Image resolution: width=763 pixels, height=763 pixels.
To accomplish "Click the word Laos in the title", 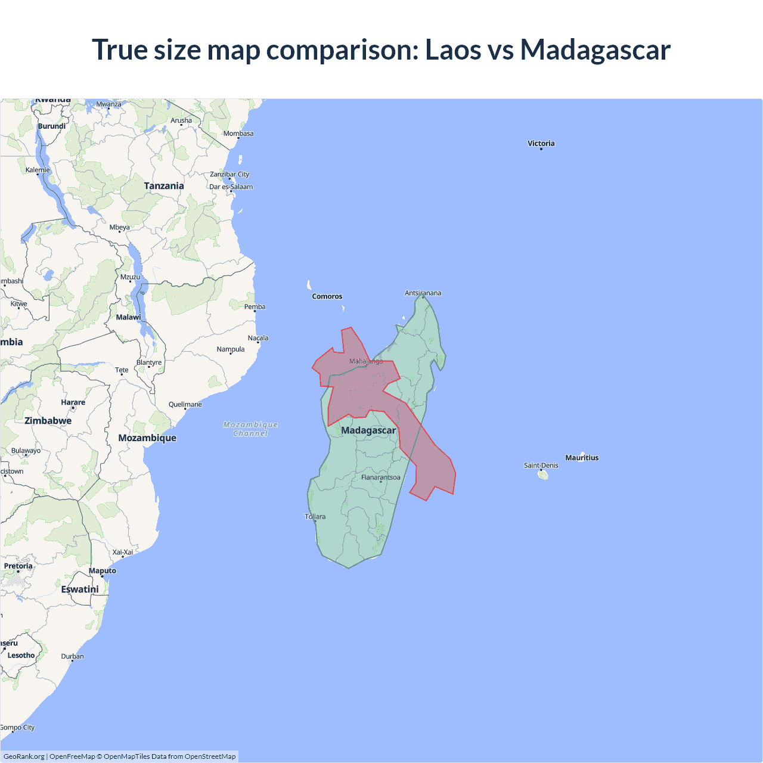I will coord(452,49).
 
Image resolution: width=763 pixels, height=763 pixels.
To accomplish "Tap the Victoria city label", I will coord(541,143).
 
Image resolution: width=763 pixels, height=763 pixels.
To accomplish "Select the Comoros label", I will coord(327,296).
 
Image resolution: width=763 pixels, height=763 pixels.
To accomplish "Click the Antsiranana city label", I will coord(423,293).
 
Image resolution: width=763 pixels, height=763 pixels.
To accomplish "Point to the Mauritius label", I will coord(582,458).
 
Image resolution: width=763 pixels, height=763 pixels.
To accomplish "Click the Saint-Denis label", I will coord(541,466).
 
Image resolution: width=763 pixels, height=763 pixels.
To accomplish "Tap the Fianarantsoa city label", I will coord(380,477).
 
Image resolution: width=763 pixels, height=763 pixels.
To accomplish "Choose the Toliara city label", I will coord(315,517).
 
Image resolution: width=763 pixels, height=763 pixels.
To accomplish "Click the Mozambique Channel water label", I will coord(250,429).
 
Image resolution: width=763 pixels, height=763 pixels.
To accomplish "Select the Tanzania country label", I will coord(164,186).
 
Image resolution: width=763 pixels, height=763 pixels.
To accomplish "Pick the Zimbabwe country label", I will coord(48,421).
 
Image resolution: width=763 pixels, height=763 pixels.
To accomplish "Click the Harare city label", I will coord(73,402).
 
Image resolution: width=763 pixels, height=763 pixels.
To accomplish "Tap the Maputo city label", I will coord(103,570).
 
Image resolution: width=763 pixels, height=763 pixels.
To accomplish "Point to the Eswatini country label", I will coord(80,590).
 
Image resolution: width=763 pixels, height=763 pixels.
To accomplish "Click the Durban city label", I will coord(72,656).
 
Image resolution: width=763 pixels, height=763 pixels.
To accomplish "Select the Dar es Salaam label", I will coord(231,187).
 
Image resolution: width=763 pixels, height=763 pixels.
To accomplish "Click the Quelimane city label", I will coord(185,404).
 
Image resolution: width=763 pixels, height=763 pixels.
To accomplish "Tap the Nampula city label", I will coord(231,349).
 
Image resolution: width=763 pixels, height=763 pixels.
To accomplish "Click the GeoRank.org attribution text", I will coord(24,756).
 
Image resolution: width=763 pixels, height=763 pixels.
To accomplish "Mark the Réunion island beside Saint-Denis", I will coord(543,475).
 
